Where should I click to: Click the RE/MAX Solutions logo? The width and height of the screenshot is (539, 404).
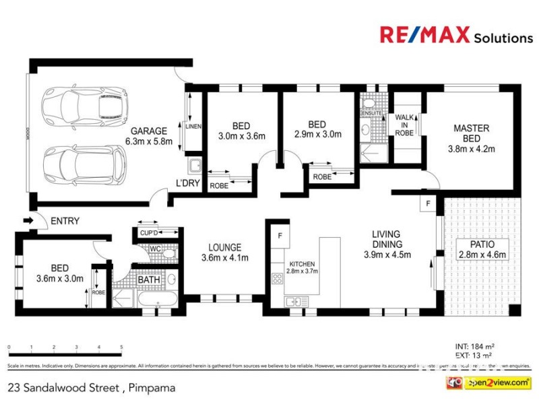point(456,36)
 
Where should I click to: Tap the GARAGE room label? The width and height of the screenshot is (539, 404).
point(150,131)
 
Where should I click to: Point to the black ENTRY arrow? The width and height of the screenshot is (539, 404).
point(28,220)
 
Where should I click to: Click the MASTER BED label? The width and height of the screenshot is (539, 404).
point(472,133)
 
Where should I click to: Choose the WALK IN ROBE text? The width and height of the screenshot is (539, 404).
point(404,125)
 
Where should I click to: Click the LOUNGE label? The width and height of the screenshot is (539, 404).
point(225,248)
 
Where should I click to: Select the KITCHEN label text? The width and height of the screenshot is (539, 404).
point(302,263)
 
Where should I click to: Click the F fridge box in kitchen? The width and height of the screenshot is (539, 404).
point(280,236)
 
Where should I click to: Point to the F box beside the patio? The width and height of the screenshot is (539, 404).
point(426,203)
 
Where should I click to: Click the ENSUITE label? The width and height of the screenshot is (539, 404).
point(371,113)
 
